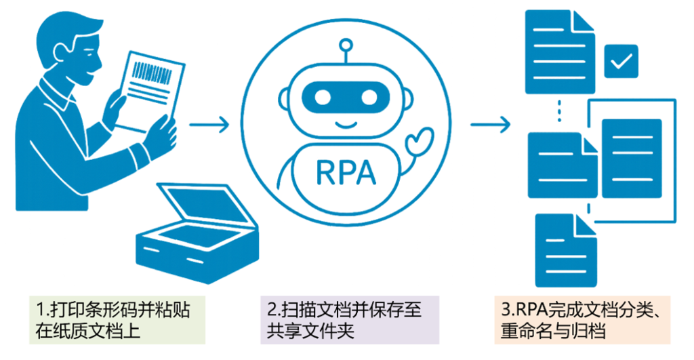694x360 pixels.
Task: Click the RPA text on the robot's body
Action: (x=346, y=172)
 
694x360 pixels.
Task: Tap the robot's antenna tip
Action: (x=346, y=46)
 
